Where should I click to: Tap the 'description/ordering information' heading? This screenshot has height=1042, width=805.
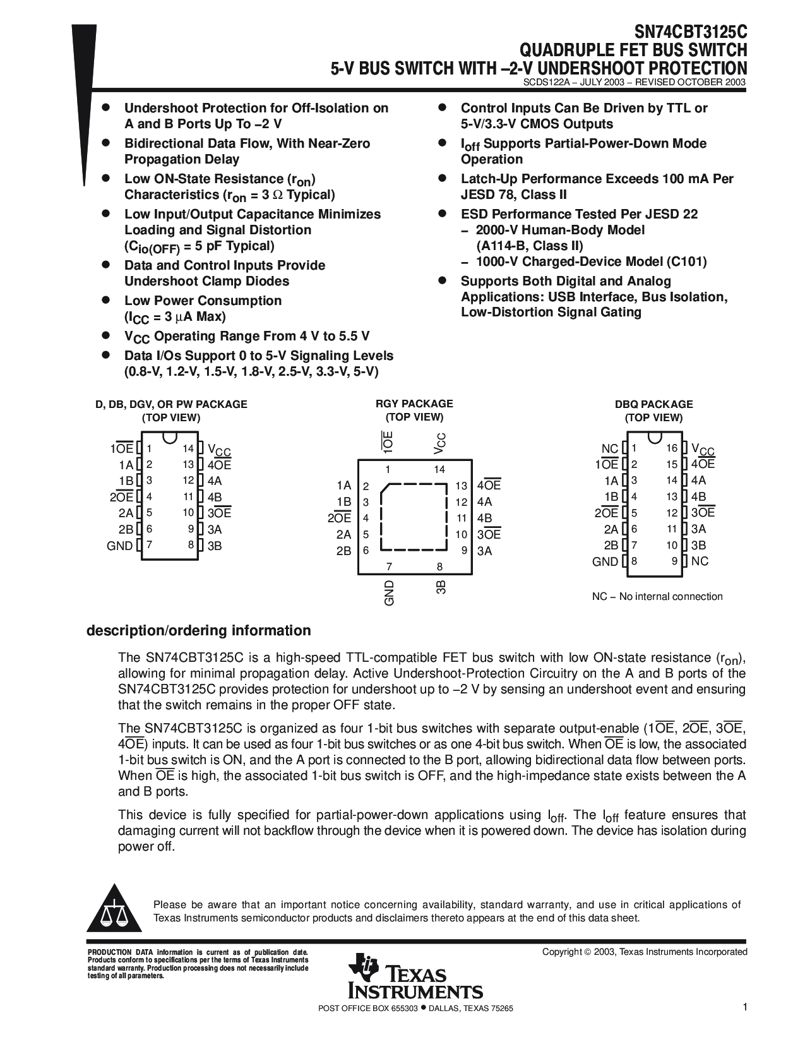click(198, 630)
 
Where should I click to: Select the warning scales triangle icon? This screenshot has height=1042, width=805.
click(114, 913)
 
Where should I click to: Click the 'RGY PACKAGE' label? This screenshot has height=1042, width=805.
click(414, 404)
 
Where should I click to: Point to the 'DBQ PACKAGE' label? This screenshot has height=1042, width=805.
click(653, 404)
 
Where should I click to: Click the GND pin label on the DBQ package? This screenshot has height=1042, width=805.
click(605, 561)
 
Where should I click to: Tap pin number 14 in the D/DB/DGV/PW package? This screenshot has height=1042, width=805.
click(188, 448)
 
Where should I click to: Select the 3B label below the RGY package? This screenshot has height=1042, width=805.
click(441, 587)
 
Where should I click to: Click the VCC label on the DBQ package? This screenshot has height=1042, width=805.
click(703, 449)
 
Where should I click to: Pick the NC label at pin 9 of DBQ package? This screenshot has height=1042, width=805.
click(700, 561)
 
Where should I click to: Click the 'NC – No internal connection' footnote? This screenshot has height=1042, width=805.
click(657, 596)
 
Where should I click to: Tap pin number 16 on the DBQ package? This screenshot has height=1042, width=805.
click(671, 448)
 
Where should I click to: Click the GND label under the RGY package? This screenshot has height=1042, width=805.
click(389, 593)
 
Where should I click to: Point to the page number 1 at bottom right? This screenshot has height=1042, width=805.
click(745, 1007)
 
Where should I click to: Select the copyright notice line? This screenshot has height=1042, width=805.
click(645, 952)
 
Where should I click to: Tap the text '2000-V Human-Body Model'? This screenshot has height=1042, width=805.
click(560, 230)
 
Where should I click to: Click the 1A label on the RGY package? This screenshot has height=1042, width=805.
click(343, 485)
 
